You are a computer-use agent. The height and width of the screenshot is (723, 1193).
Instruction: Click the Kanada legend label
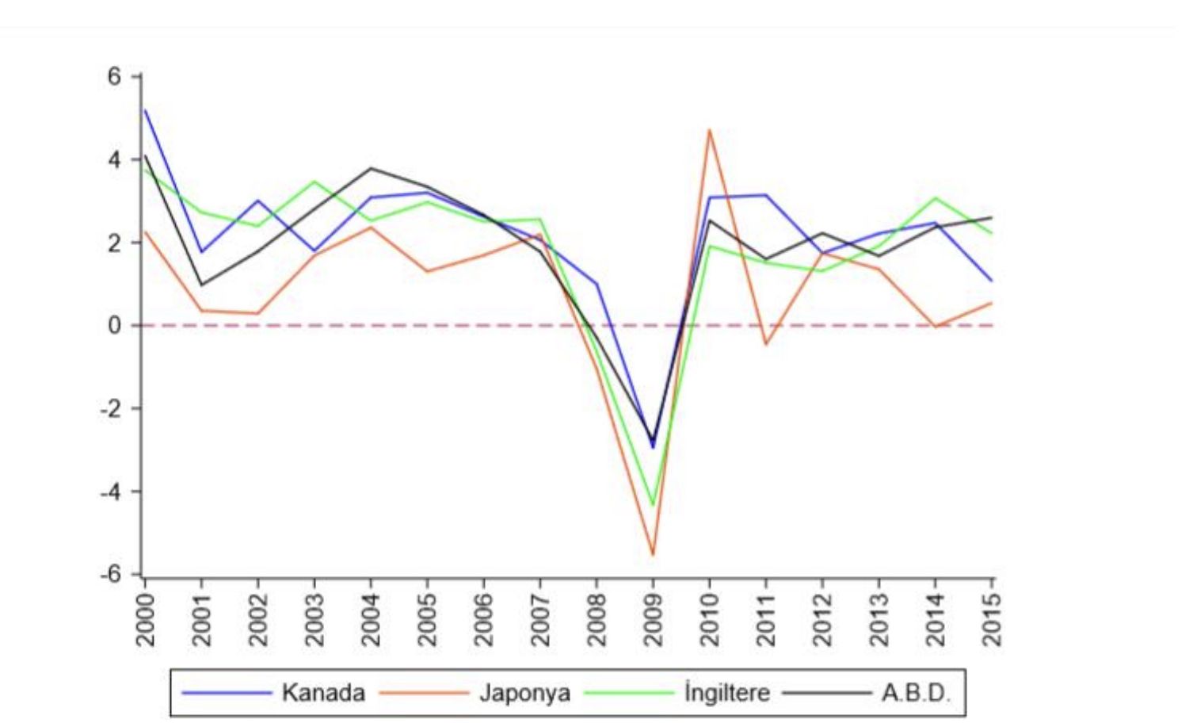(x=323, y=693)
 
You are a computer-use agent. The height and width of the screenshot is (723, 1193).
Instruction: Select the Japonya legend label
(x=524, y=693)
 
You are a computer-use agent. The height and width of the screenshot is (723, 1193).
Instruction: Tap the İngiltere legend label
(x=726, y=693)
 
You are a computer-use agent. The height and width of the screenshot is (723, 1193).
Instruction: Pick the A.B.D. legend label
(x=915, y=693)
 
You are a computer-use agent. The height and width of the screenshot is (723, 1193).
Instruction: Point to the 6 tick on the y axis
(x=115, y=77)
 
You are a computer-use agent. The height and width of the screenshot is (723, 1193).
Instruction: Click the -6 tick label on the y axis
(x=111, y=574)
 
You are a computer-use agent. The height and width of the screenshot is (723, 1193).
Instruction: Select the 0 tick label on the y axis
(x=115, y=325)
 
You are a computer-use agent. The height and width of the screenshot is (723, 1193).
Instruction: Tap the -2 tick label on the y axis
(x=111, y=408)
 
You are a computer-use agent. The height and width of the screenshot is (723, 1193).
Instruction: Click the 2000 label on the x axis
(x=146, y=620)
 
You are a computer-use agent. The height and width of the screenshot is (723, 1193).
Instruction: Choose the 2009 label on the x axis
(x=654, y=620)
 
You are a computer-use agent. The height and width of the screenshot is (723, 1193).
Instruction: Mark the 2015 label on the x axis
(x=992, y=620)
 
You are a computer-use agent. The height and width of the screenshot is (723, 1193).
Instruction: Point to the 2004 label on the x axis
(x=372, y=620)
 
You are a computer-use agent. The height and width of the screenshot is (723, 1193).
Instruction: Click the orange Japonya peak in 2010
(x=710, y=130)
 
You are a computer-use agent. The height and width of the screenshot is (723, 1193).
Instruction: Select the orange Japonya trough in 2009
(x=654, y=554)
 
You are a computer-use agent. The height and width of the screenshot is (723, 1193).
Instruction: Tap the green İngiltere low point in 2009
(x=654, y=505)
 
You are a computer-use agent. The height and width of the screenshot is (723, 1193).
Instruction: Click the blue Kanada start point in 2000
(x=146, y=110)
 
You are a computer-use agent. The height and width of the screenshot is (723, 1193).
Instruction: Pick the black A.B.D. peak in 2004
(x=371, y=168)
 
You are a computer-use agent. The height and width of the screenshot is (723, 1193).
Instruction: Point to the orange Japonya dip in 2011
(x=766, y=344)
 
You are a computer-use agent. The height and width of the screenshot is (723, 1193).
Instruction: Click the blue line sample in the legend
(x=227, y=693)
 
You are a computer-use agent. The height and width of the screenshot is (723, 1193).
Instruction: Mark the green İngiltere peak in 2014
(x=936, y=198)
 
